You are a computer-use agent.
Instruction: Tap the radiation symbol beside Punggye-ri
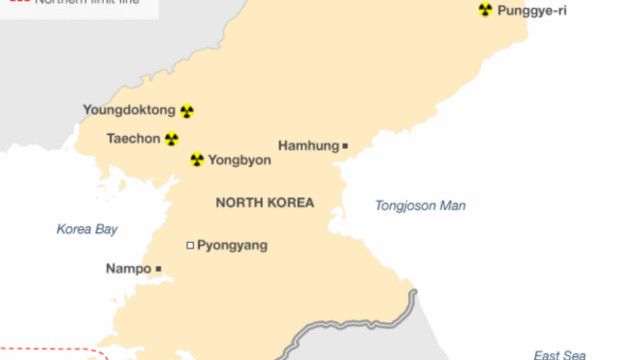click(x=485, y=10)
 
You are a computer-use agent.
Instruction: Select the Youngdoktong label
click(x=129, y=111)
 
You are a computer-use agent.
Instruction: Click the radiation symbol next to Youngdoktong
click(x=187, y=111)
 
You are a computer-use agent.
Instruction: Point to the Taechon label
click(x=133, y=139)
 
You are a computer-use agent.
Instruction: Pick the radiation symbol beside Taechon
click(x=172, y=139)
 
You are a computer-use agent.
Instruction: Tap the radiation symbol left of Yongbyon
click(x=197, y=159)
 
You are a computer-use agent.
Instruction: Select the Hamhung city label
click(x=308, y=146)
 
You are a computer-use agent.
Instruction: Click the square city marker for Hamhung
click(x=345, y=146)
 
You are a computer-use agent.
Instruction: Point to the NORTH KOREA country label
click(x=264, y=203)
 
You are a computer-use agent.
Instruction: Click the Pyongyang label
click(x=232, y=245)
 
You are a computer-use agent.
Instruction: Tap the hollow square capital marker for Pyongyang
click(x=190, y=245)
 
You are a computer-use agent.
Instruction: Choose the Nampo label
click(x=128, y=269)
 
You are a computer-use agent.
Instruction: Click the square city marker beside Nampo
click(x=158, y=269)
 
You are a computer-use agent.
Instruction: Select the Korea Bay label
click(x=87, y=229)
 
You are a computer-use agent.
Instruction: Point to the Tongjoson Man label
click(x=420, y=206)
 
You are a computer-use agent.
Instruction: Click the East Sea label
click(x=559, y=355)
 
